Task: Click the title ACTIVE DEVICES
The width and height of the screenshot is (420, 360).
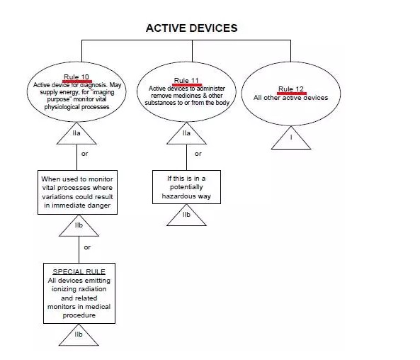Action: pyautogui.click(x=191, y=28)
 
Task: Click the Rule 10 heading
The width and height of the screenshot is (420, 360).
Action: pyautogui.click(x=76, y=77)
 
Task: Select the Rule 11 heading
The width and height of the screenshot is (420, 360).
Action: pyautogui.click(x=186, y=80)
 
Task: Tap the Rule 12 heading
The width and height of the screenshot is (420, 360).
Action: pyautogui.click(x=291, y=89)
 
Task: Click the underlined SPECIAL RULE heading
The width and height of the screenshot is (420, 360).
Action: pyautogui.click(x=79, y=271)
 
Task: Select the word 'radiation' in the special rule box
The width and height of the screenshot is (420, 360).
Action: pyautogui.click(x=93, y=289)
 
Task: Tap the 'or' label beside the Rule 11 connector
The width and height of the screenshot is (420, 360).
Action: pyautogui.click(x=198, y=154)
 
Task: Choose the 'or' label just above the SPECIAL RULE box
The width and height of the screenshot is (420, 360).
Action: pyautogui.click(x=87, y=247)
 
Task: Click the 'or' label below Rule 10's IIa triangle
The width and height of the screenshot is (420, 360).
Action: pyautogui.click(x=85, y=154)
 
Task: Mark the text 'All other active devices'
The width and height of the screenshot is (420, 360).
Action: pyautogui.click(x=291, y=98)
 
